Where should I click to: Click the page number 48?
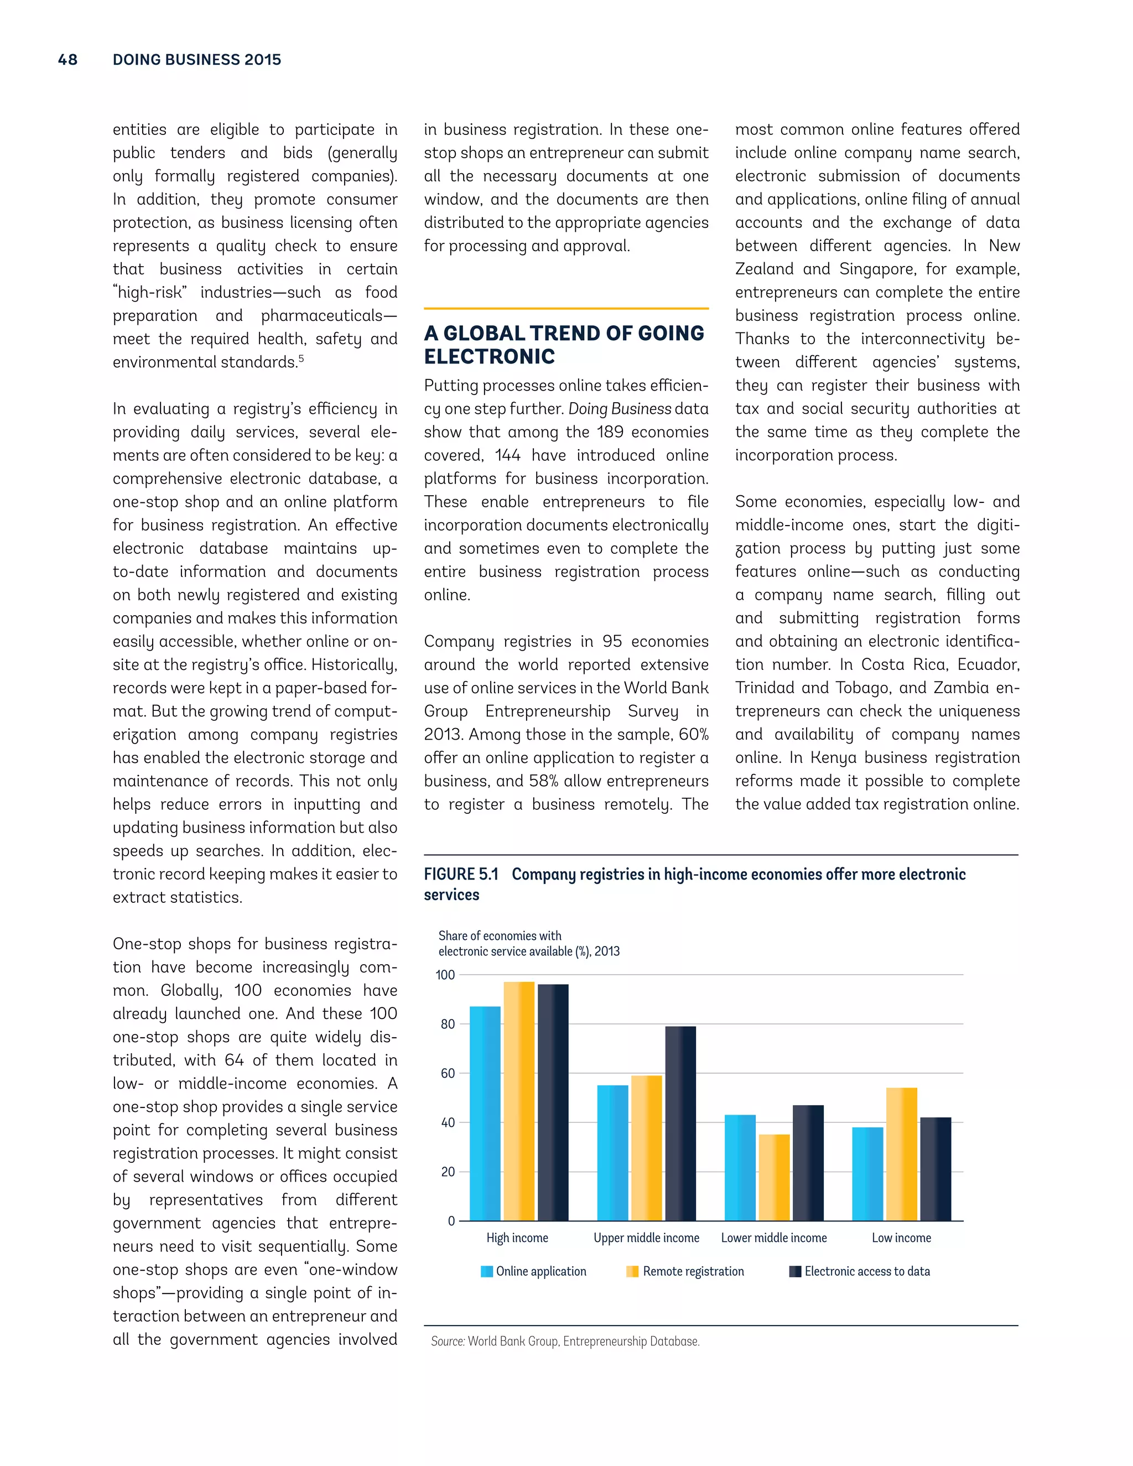[x=68, y=60]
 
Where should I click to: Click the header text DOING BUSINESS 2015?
[x=196, y=60]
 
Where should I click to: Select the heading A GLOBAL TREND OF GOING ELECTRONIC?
[x=564, y=344]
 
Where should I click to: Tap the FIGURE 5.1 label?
[x=461, y=874]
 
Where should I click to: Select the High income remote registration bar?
[x=519, y=1101]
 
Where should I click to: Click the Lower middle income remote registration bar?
[x=774, y=1177]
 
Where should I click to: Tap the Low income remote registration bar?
[x=901, y=1154]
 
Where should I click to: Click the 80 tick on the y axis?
[x=448, y=1025]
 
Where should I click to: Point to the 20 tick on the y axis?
[x=448, y=1172]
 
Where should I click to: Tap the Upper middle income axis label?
[x=646, y=1238]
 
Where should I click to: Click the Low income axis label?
[x=901, y=1238]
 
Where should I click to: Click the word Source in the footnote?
[x=447, y=1341]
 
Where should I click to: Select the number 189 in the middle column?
[x=610, y=432]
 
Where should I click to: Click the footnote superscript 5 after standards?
[x=302, y=359]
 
